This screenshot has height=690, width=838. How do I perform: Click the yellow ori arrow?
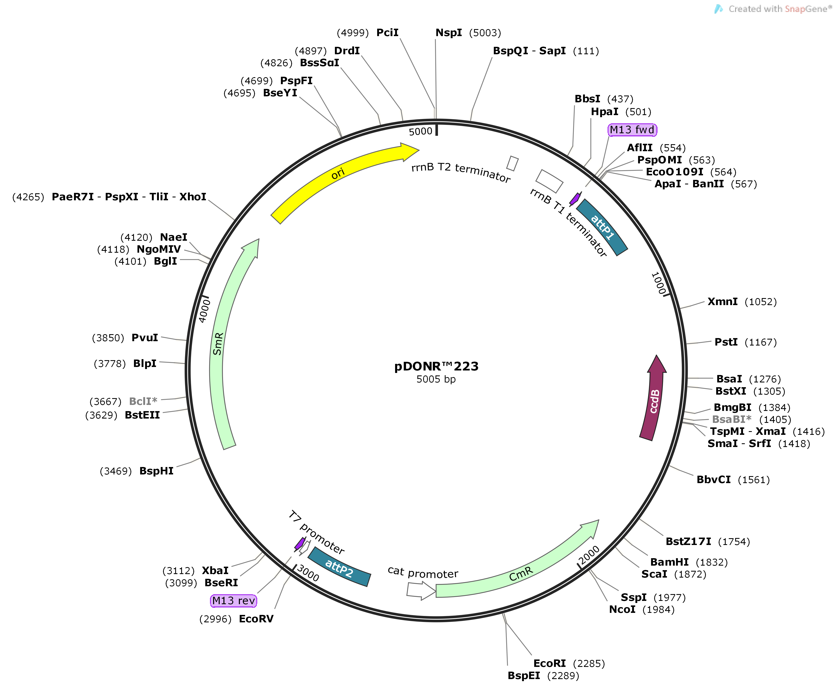coord(338,175)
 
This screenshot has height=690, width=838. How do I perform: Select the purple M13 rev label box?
coord(234,600)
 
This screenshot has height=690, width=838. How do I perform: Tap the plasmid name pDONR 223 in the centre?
coord(436,366)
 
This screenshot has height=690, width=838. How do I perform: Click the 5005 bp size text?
coord(436,379)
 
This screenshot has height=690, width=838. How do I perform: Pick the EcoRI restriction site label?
coord(549,663)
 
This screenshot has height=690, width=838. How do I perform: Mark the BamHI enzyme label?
coord(669,562)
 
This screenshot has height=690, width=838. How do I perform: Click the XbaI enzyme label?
coord(215,570)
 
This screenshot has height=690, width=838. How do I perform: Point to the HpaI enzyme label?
coord(604,112)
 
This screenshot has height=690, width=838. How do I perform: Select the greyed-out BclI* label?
coord(143,401)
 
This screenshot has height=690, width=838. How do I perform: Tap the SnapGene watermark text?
coord(779,9)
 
